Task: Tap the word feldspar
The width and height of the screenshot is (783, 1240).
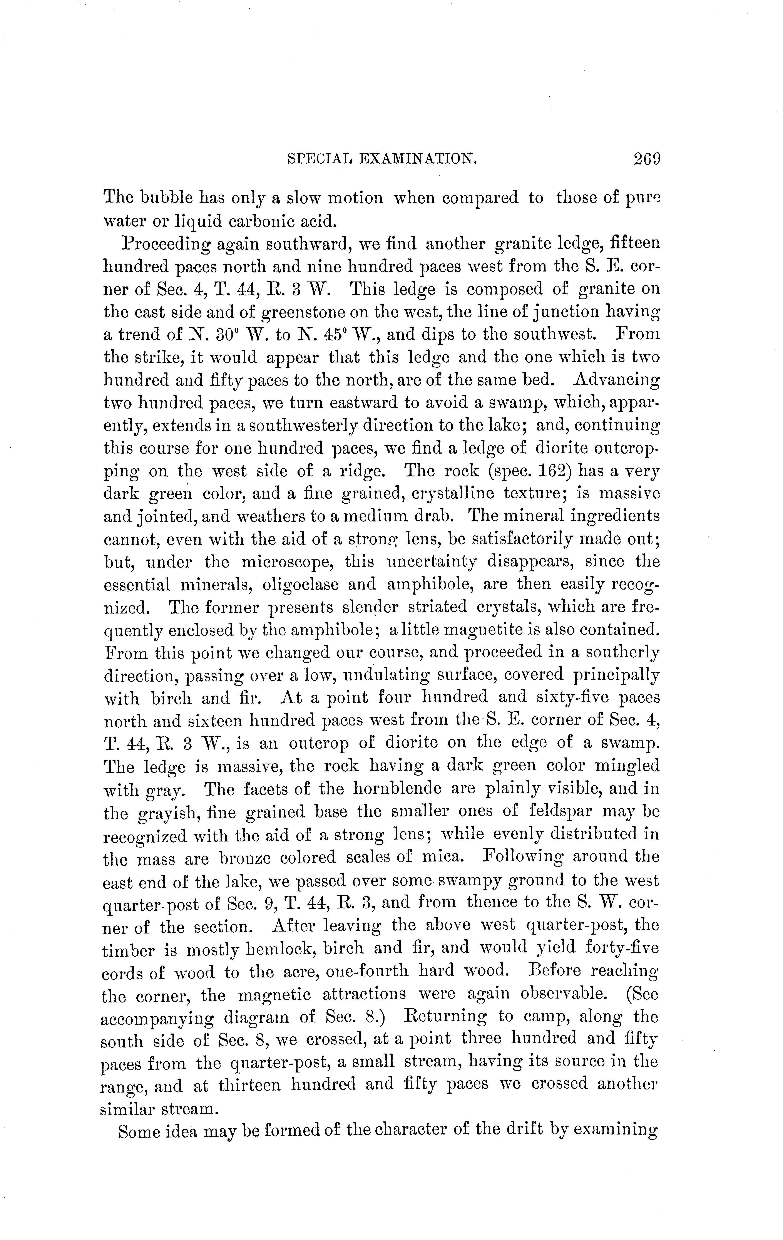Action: click(559, 811)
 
